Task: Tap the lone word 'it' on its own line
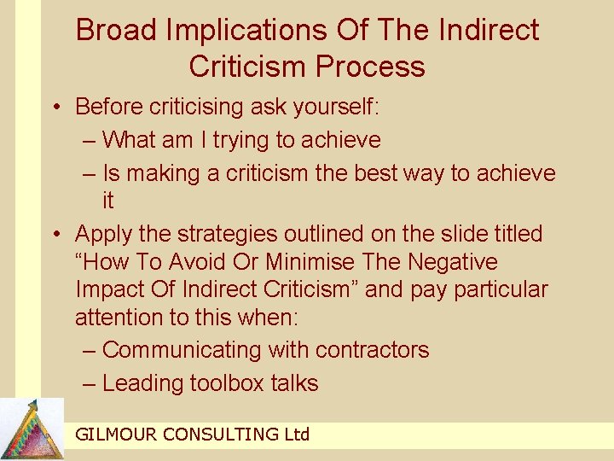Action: (x=108, y=201)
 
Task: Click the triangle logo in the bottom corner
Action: (x=32, y=429)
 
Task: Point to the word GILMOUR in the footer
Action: (x=115, y=435)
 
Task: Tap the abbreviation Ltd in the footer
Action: (x=295, y=435)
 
